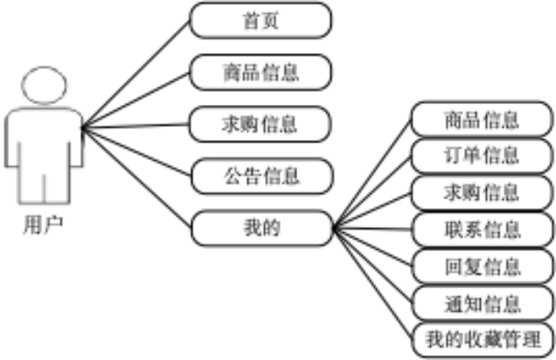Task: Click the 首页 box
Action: pos(261,21)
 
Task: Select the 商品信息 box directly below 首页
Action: pos(261,73)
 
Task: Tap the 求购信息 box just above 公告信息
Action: pos(261,124)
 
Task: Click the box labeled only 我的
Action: pos(261,228)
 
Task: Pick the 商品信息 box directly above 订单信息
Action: pos(481,120)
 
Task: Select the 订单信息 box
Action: pos(481,156)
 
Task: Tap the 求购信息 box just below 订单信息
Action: pos(481,192)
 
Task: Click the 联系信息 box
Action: pos(481,229)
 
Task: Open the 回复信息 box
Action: pos(481,266)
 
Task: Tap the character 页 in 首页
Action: pos(271,21)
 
